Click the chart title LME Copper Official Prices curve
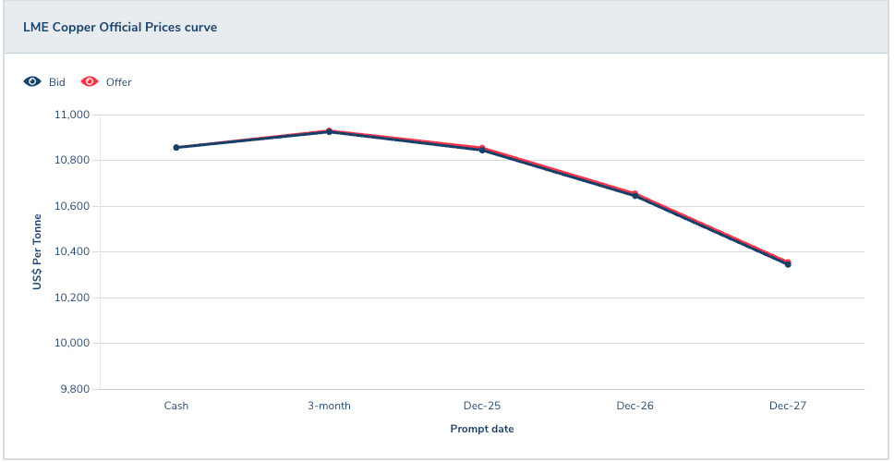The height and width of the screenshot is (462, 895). pos(120,27)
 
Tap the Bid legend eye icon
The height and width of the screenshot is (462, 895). pos(32,81)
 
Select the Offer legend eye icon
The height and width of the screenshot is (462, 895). pos(90,81)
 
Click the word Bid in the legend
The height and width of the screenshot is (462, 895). pos(57,82)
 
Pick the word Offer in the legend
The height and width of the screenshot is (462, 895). pos(119,82)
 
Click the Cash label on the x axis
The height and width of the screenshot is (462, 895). pos(176,406)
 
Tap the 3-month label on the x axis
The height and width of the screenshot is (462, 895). pos(330,406)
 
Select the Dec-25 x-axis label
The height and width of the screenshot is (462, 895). pos(482,406)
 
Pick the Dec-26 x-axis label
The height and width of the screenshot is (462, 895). pos(635,406)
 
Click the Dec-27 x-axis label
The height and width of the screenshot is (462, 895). pos(788,406)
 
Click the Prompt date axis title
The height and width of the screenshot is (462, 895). pos(482,429)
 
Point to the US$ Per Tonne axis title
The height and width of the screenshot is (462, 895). pos(37,252)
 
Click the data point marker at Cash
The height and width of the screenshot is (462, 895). pos(176,147)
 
